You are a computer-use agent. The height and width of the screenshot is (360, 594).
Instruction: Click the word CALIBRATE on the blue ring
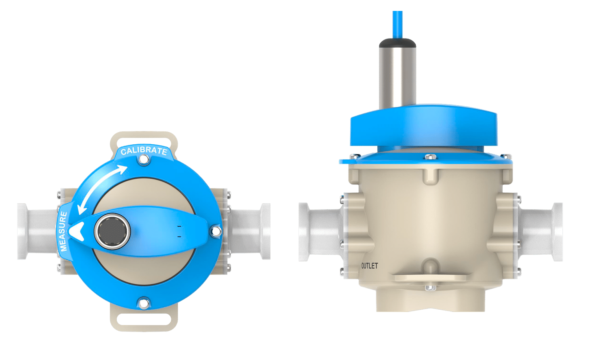pos(144,151)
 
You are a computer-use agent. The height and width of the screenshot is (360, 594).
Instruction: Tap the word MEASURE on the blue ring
pos(63,231)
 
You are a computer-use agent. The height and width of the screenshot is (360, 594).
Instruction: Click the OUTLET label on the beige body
pos(369,266)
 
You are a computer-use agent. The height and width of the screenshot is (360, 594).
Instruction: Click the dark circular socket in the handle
pos(112,231)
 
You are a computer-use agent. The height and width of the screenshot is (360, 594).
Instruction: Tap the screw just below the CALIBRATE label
pos(144,160)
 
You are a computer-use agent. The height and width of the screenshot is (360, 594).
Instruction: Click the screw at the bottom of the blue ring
pos(144,303)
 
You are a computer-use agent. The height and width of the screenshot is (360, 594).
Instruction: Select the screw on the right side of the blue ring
pos(215,231)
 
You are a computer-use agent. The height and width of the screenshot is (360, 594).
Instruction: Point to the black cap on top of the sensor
pos(397,43)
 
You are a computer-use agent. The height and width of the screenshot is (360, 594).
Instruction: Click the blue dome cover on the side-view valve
pos(423,127)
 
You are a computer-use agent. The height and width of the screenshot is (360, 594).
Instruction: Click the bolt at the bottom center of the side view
pos(430,288)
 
